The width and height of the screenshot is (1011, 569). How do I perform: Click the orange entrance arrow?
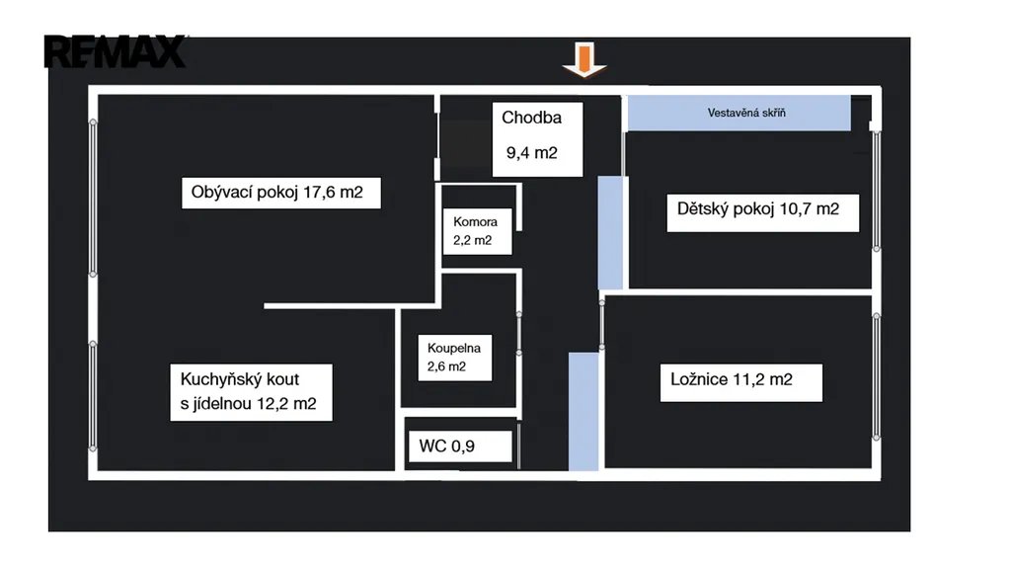click(x=584, y=60)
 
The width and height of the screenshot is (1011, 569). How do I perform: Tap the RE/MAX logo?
click(x=116, y=51)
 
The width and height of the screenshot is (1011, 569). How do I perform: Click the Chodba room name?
click(x=531, y=118)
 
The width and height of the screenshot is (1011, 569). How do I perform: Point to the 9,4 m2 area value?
click(x=532, y=153)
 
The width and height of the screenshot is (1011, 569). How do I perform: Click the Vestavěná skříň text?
click(x=746, y=113)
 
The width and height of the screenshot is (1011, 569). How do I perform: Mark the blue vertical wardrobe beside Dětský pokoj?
click(x=610, y=232)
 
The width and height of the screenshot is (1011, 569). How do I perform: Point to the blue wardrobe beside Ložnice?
click(x=583, y=410)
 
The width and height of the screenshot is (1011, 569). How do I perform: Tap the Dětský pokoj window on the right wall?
click(x=877, y=188)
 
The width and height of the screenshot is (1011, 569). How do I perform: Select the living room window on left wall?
click(x=94, y=198)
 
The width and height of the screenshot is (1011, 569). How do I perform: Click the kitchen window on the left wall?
click(x=94, y=395)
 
